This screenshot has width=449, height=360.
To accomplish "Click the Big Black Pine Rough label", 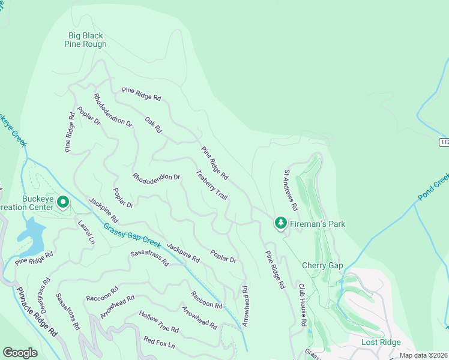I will click(86, 40).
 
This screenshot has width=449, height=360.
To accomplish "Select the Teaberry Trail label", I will click(211, 185).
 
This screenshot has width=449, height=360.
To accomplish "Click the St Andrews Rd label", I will click(291, 190).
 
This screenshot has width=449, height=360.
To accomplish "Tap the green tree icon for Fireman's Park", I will click(280, 223).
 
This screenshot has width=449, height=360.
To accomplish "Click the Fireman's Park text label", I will click(318, 224).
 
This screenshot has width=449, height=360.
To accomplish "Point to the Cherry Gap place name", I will click(322, 266).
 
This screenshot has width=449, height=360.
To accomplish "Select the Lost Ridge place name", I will click(381, 342).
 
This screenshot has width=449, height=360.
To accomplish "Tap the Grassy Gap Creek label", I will click(132, 236).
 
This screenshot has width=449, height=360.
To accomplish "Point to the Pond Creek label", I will click(433, 187).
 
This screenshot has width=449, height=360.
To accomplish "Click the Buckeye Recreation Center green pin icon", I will click(63, 203).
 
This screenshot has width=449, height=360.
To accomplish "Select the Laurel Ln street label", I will click(86, 232).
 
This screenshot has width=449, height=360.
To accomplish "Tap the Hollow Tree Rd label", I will click(159, 322).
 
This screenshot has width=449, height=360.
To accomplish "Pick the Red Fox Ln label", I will click(159, 343).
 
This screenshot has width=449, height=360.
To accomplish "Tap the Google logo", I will click(20, 353).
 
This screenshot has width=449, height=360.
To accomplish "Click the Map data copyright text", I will click(423, 355).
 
